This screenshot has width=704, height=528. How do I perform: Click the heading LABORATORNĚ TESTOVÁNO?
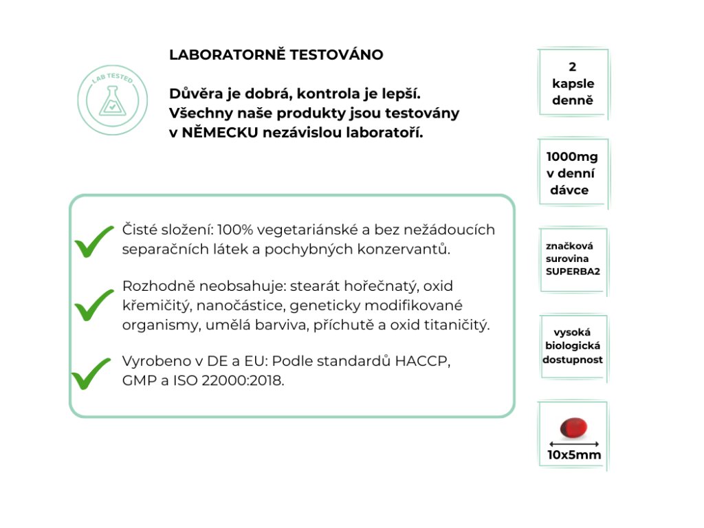pyautogui.click(x=276, y=55)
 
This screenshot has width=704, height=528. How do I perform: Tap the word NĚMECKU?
pyautogui.click(x=219, y=132)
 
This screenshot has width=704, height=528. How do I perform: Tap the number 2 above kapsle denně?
pyautogui.click(x=573, y=67)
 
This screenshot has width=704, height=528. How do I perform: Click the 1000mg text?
pyautogui.click(x=571, y=157)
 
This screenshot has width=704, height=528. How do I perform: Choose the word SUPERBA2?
pyautogui.click(x=573, y=272)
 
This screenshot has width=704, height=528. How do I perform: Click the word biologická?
pyautogui.click(x=573, y=346)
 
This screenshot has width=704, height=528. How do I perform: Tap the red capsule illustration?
pyautogui.click(x=573, y=428)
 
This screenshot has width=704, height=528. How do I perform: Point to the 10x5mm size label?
pyautogui.click(x=573, y=455)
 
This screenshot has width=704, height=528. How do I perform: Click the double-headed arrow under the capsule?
pyautogui.click(x=574, y=443)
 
